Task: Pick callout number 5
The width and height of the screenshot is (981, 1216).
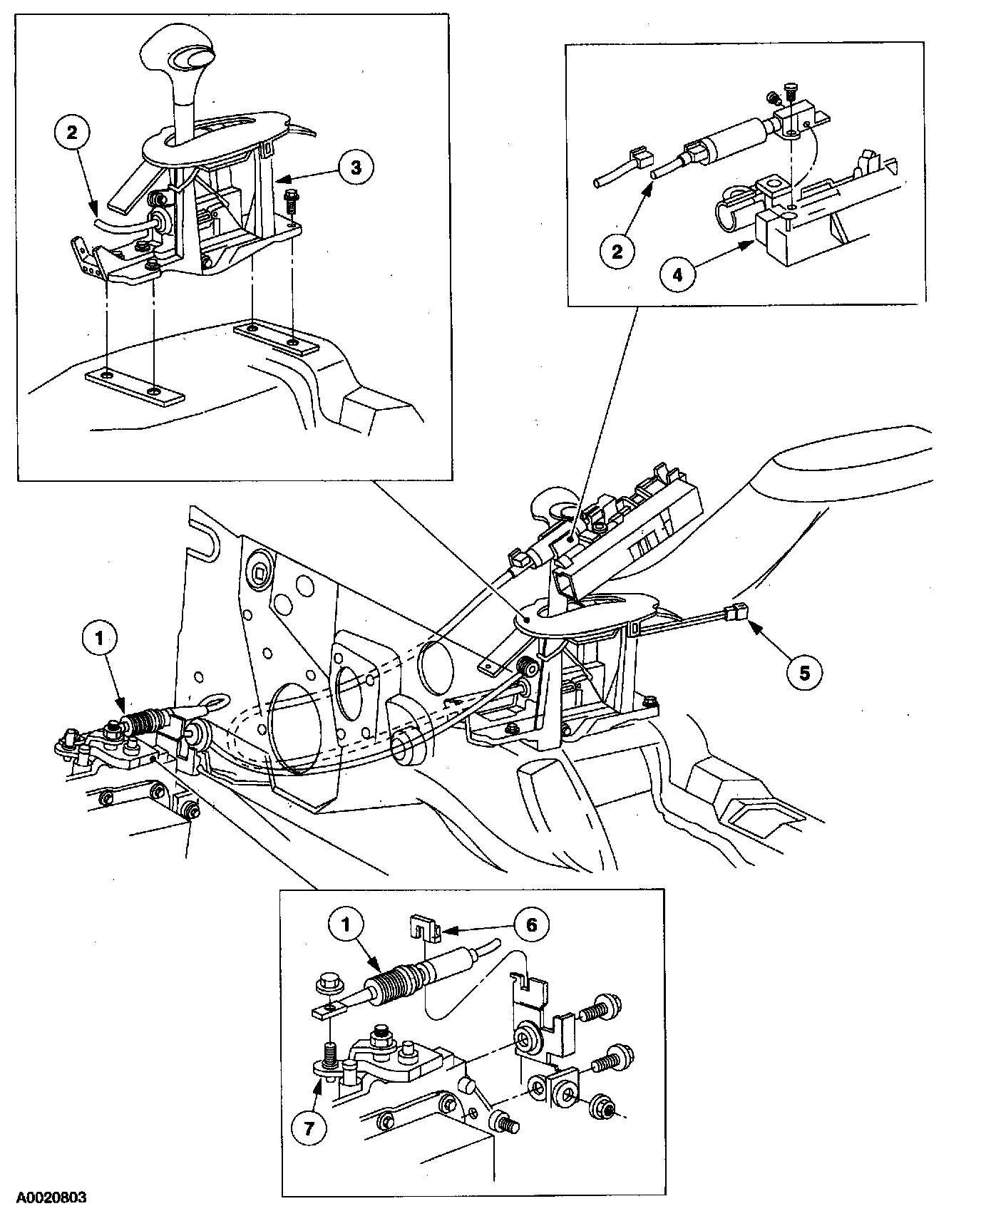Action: (x=804, y=671)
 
